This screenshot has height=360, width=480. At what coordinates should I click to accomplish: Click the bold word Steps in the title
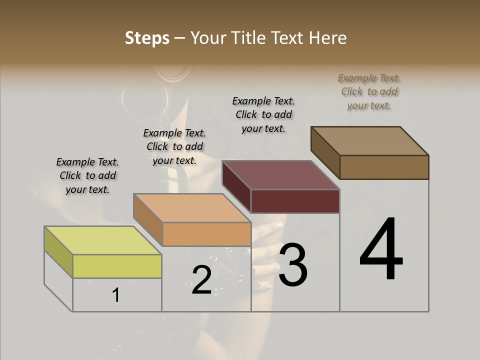coord(147,38)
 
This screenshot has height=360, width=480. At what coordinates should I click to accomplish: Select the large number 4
coord(381,250)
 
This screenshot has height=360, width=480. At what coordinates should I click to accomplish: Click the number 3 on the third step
coord(292,265)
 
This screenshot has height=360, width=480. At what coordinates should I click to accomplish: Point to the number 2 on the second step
coord(201,280)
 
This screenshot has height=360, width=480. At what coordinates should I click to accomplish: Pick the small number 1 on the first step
coord(115,295)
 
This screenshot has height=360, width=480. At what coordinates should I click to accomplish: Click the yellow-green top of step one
coord(102,240)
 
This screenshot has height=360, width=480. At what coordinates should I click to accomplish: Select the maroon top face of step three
coord(280,175)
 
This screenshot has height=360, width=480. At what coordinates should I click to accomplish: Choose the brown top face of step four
coord(369,140)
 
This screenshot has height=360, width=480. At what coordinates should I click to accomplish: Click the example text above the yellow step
coord(87,175)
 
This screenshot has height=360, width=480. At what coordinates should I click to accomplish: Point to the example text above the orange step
coord(174,146)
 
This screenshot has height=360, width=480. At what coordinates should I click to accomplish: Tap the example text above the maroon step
coord(263,114)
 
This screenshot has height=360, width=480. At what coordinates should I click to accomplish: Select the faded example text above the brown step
coord(369,91)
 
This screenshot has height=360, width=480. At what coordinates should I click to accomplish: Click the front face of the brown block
coord(384,167)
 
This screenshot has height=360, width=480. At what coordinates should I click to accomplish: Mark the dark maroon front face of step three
coord(295,201)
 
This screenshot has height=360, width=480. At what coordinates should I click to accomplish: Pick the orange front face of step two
coord(206,234)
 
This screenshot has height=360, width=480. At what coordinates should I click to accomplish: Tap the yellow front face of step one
coord(117,266)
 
